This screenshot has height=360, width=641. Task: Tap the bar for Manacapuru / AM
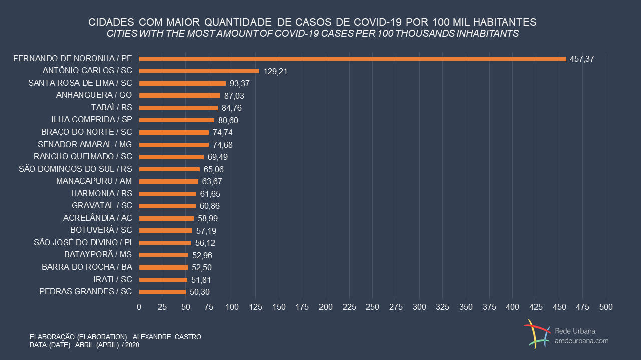[x=168, y=181]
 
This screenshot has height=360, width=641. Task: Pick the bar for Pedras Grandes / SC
[x=162, y=292]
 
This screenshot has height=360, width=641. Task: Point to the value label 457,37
[x=582, y=59]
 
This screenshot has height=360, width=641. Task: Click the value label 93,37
[x=240, y=84]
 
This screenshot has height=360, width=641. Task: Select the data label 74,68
[x=223, y=145]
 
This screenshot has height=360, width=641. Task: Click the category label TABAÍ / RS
[x=112, y=107]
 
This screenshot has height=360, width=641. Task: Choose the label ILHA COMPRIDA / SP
[x=92, y=120]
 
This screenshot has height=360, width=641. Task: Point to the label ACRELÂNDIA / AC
[x=98, y=218]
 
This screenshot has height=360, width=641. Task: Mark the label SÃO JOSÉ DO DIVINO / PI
[x=83, y=243]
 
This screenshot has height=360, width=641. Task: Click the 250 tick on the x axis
[x=373, y=306]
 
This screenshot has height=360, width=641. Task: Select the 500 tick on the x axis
[x=606, y=306]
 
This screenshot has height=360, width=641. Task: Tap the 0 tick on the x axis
[x=139, y=306]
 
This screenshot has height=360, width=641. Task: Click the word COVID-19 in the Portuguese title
[x=378, y=23]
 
